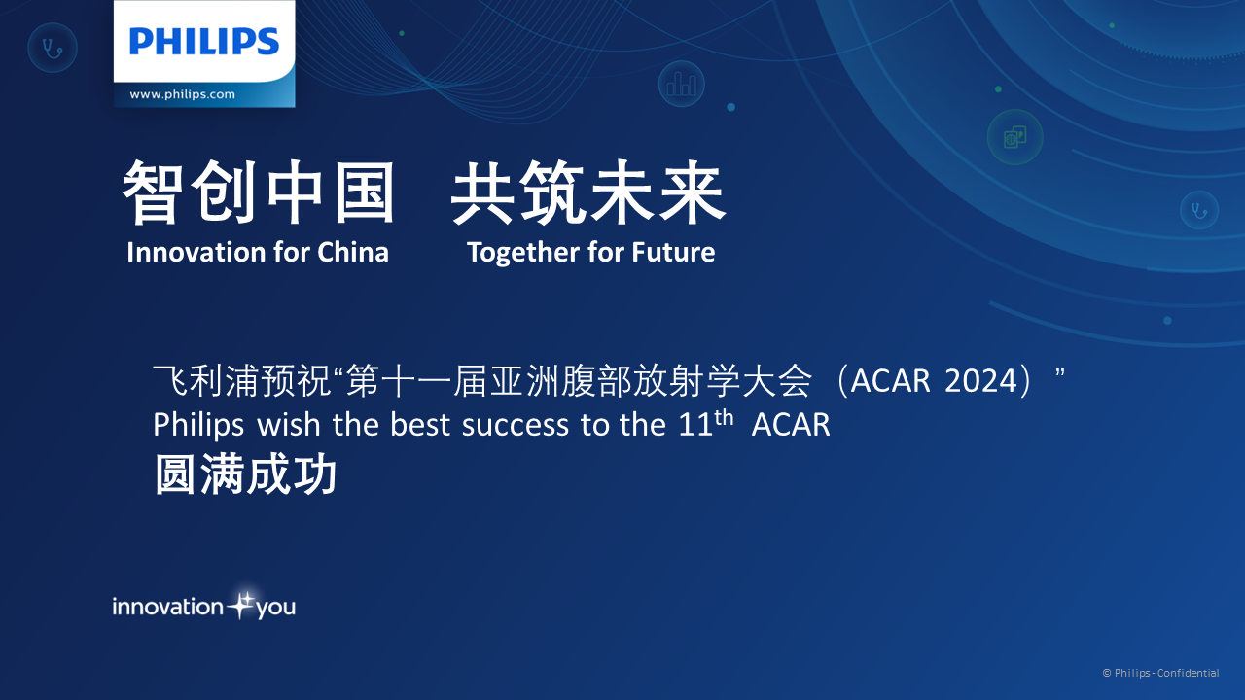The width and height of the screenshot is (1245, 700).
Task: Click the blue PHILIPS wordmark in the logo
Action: click(x=204, y=42)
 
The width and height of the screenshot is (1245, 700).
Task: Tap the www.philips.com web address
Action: click(x=182, y=94)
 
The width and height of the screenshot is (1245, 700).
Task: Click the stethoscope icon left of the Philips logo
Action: click(x=53, y=48)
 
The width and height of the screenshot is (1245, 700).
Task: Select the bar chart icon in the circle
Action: click(x=682, y=85)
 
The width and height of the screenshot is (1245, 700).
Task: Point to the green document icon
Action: click(x=1014, y=137)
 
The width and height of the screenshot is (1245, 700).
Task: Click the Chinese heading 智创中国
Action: click(x=259, y=192)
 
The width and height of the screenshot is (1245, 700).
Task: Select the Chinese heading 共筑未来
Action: click(x=588, y=192)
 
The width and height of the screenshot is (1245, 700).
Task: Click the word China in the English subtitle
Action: click(x=353, y=252)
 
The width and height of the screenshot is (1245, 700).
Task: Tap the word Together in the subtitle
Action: click(x=523, y=254)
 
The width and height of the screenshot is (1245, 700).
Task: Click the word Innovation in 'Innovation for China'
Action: click(x=196, y=252)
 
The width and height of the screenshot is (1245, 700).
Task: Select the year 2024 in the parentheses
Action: click(x=980, y=381)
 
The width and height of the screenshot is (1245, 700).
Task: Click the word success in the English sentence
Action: click(x=516, y=425)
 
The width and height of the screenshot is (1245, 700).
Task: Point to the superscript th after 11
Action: click(x=724, y=417)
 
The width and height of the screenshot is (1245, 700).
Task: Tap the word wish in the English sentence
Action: click(x=289, y=425)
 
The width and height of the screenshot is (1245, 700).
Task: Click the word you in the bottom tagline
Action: click(x=275, y=609)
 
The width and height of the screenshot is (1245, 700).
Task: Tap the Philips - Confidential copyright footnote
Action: click(x=1161, y=673)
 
